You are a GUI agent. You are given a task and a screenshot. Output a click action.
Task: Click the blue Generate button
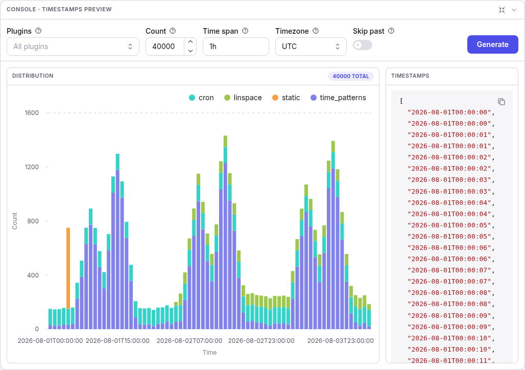tap(492, 44)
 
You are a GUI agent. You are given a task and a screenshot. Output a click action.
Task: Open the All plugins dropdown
tap(73, 47)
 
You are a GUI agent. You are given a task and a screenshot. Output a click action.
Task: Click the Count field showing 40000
tap(165, 47)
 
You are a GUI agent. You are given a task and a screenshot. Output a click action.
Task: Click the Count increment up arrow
tap(190, 42)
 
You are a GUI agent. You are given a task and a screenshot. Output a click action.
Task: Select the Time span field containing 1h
tap(236, 47)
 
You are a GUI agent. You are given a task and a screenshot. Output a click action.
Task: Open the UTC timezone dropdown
tap(311, 47)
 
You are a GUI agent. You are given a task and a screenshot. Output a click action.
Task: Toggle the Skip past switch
tap(363, 45)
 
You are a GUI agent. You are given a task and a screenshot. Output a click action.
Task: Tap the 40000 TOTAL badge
tap(350, 76)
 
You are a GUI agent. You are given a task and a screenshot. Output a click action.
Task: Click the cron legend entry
tap(201, 98)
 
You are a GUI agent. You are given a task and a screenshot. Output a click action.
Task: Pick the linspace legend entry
tap(243, 98)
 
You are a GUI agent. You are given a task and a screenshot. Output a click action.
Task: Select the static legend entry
tap(286, 98)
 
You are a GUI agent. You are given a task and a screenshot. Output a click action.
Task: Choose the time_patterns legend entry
tap(338, 98)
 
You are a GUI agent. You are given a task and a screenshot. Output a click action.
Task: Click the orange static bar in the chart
tap(68, 268)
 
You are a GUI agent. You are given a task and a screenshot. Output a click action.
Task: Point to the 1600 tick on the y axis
tap(32, 113)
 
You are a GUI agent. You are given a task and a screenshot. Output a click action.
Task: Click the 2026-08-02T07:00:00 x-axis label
tap(189, 341)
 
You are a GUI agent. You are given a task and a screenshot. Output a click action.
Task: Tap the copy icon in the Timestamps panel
tap(501, 102)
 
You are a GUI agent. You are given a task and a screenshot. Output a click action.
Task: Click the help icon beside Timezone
tap(316, 31)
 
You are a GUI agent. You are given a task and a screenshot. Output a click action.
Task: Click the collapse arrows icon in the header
tap(502, 10)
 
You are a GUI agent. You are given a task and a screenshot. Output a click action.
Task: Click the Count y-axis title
tap(14, 221)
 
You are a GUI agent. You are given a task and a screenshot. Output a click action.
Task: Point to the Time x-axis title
tap(209, 353)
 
